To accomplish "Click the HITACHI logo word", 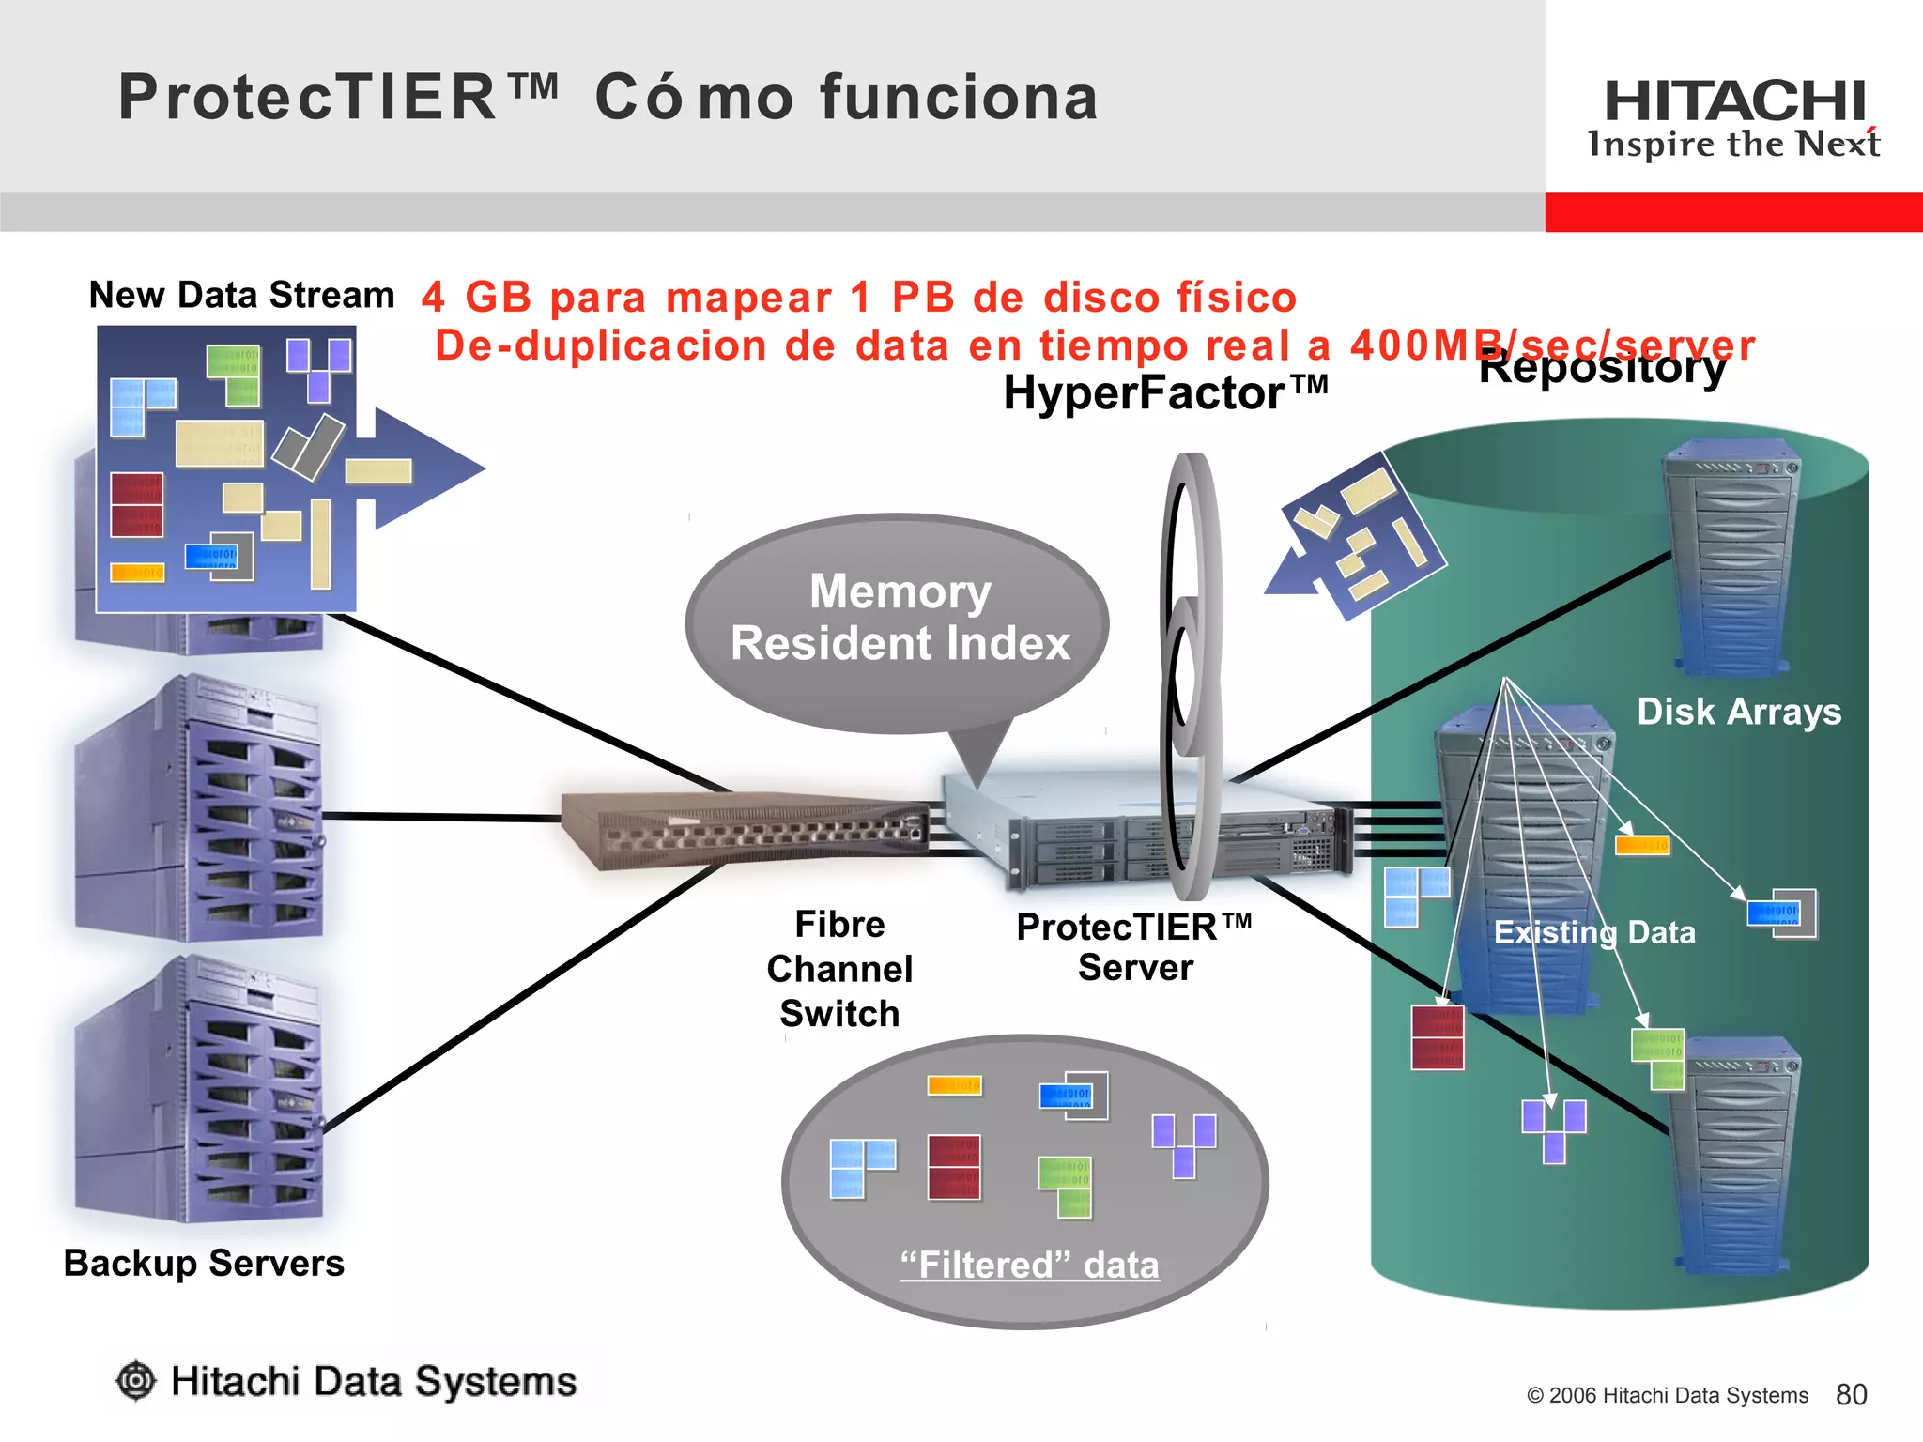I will pyautogui.click(x=1734, y=101).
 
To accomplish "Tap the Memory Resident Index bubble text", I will pyautogui.click(x=900, y=618).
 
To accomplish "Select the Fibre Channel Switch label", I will pyautogui.click(x=839, y=969).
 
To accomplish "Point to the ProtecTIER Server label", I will pyautogui.click(x=1134, y=947).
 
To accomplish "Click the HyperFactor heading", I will pyautogui.click(x=1164, y=392).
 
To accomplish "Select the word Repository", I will pyautogui.click(x=1602, y=368).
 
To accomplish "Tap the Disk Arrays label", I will pyautogui.click(x=1739, y=712).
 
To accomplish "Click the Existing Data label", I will pyautogui.click(x=1594, y=932).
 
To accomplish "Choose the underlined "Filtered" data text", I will pyautogui.click(x=1029, y=1265).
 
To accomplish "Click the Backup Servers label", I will pyautogui.click(x=204, y=1263).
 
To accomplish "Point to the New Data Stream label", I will pyautogui.click(x=241, y=295).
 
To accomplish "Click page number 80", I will pyautogui.click(x=1851, y=1394).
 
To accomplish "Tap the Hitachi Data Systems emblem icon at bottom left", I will pyautogui.click(x=136, y=1381).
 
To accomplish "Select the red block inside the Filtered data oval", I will pyautogui.click(x=953, y=1167).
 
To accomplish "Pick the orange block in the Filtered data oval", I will pyautogui.click(x=954, y=1085).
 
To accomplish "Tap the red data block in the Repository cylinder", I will pyautogui.click(x=1437, y=1037).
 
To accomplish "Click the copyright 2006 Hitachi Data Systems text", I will pyautogui.click(x=1667, y=1395).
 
